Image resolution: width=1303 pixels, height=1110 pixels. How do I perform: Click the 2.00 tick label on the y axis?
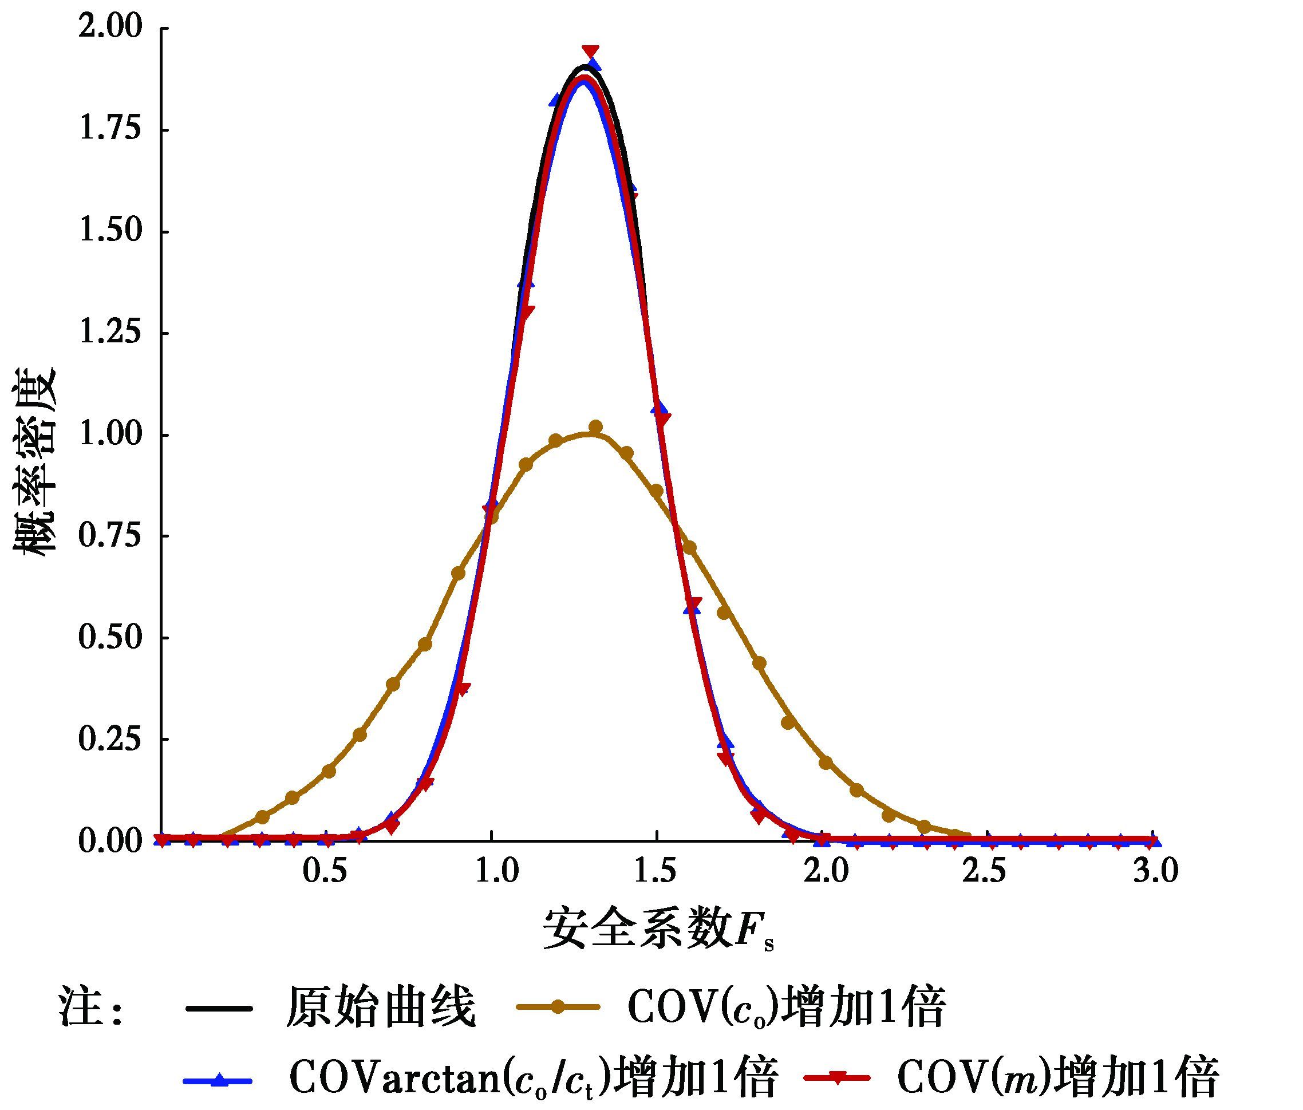tap(110, 27)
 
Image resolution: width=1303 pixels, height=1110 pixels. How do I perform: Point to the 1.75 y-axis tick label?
tap(110, 129)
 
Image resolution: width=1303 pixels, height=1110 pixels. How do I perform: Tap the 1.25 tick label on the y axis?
tap(110, 333)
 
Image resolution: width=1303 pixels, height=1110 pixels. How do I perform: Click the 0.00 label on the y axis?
tap(110, 841)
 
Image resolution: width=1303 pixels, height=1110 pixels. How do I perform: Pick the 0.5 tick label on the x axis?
tap(325, 873)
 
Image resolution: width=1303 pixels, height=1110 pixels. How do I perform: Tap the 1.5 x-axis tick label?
tap(657, 873)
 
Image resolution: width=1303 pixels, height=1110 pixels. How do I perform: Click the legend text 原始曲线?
tap(381, 1008)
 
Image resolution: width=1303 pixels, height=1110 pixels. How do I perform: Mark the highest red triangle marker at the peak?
tap(590, 51)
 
